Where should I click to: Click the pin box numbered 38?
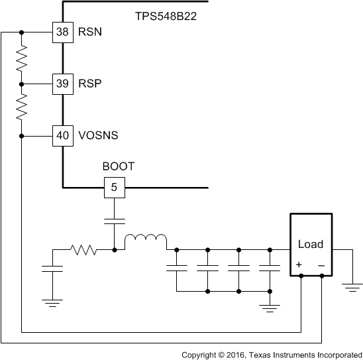tap(62, 32)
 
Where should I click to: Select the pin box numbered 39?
tap(62, 84)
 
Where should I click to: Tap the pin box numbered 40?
tap(62, 135)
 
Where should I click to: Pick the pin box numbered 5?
tap(114, 188)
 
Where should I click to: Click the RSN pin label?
tap(91, 32)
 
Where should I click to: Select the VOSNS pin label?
tap(98, 135)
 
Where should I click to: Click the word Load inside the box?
tap(310, 244)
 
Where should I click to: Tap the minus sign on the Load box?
tap(321, 265)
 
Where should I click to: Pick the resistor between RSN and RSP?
tap(21, 58)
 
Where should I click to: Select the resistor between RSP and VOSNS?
tap(21, 109)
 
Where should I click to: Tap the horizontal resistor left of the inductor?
tap(84, 250)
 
